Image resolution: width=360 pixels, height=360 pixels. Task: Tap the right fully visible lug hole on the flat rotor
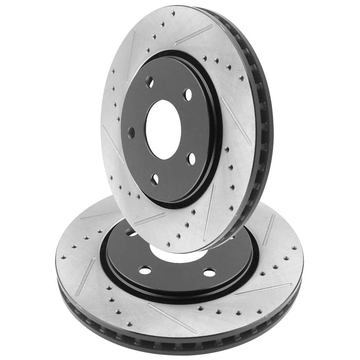coord(208,265)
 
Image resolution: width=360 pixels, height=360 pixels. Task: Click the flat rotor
coord(90,270)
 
